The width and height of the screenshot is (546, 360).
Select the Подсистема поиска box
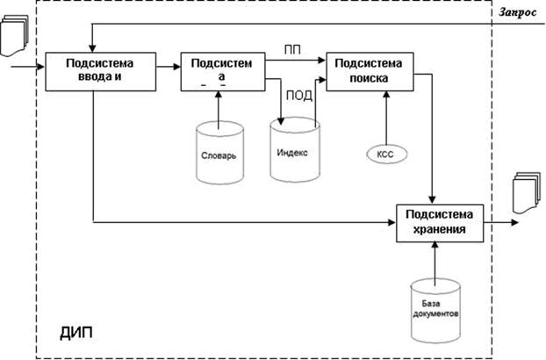tap(369, 70)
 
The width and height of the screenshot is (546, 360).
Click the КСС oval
tap(384, 153)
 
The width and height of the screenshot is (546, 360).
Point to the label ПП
tap(293, 49)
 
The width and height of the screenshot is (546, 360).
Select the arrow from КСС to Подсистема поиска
tap(384, 114)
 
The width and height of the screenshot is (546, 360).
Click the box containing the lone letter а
tap(221, 70)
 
